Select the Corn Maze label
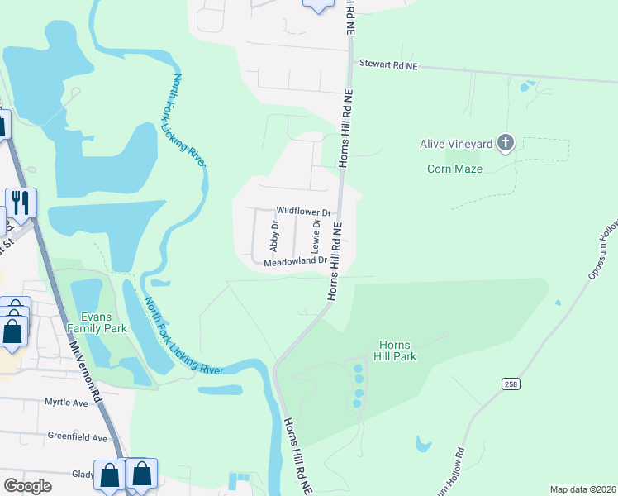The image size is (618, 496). point(454,169)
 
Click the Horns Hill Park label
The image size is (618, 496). point(397,351)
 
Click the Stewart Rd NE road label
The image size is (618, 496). point(387,64)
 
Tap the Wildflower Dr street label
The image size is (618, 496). point(303,212)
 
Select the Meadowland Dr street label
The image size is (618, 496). point(296,263)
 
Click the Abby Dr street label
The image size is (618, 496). point(275,236)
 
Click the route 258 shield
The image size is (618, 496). point(510,384)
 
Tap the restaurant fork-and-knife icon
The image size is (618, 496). point(21,203)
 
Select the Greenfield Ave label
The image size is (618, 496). point(78,436)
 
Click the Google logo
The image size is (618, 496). point(27,485)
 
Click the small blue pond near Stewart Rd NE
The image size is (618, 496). point(526,85)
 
